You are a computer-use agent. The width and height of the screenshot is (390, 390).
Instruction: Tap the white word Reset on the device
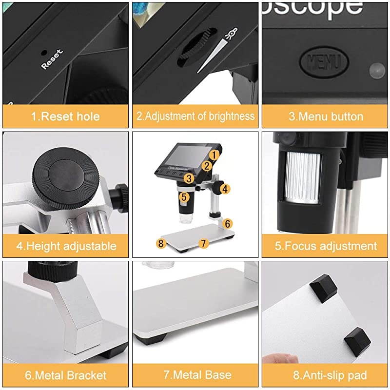[x=52, y=58]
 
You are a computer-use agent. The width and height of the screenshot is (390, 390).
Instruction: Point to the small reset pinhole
[x=44, y=51]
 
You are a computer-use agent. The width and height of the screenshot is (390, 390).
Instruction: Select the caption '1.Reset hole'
[x=65, y=117]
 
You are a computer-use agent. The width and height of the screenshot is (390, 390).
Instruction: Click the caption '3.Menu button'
[x=326, y=117]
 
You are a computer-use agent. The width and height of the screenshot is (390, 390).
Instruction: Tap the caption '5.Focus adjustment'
[x=326, y=246]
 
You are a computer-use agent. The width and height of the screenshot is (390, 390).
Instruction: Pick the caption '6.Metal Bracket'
[x=65, y=375]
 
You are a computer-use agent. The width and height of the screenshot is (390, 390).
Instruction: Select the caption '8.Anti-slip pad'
[x=326, y=375]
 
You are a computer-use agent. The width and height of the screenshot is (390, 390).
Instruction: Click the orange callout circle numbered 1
[x=213, y=155]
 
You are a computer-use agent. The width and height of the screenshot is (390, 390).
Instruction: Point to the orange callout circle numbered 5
[x=184, y=197]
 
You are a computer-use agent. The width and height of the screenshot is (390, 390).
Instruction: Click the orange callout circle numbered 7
[x=204, y=242]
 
